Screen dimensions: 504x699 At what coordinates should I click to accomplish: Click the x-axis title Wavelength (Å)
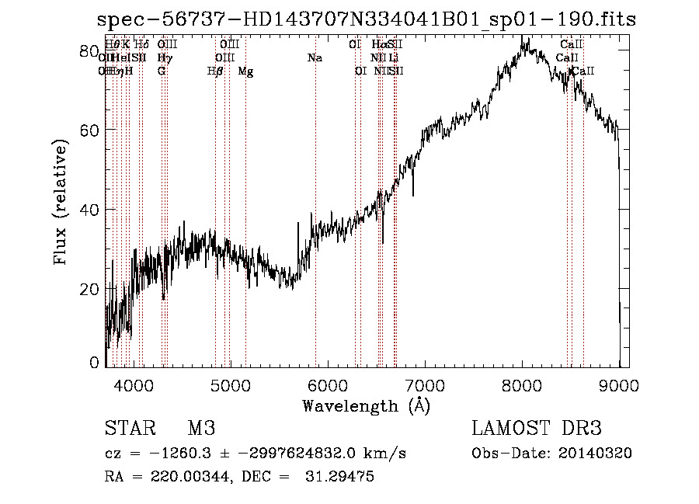coord(366,405)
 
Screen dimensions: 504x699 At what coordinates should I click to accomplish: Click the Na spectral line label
coord(315,57)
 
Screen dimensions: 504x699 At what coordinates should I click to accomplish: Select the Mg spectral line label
coord(245,71)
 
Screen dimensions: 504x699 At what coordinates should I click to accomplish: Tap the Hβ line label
coord(215,71)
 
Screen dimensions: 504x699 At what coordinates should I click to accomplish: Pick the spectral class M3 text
coord(201,429)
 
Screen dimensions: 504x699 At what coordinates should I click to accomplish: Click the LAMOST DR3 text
coord(537,429)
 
